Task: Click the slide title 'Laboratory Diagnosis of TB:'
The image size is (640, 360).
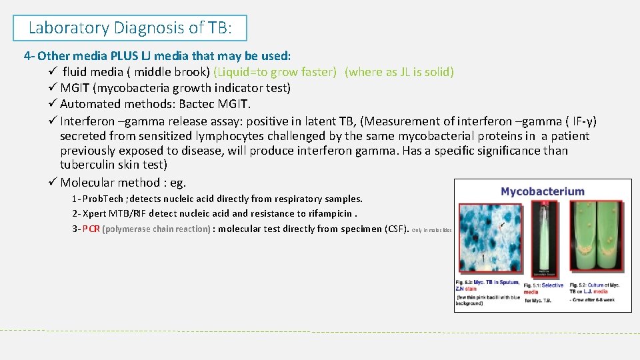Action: click(x=130, y=28)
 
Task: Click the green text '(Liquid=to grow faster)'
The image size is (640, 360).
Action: click(x=275, y=72)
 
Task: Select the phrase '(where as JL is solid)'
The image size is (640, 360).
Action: click(x=399, y=72)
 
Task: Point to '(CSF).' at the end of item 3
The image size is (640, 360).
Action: click(x=395, y=229)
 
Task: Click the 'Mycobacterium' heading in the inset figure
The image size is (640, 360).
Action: click(x=542, y=192)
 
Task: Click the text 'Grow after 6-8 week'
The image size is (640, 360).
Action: click(x=594, y=299)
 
